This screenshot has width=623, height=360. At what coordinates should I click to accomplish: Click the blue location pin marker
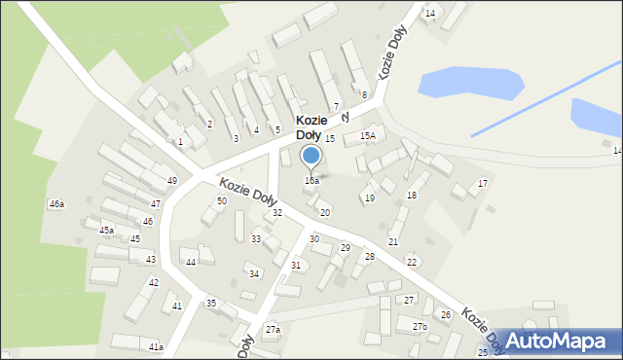click(x=311, y=157)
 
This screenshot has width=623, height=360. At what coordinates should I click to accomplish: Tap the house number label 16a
click(x=311, y=181)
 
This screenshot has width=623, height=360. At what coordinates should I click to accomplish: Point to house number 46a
click(x=56, y=204)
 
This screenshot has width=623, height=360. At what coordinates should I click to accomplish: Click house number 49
click(x=172, y=181)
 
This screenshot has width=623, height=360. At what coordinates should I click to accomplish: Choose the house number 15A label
click(x=367, y=136)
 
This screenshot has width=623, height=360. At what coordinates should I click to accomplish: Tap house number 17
click(x=482, y=184)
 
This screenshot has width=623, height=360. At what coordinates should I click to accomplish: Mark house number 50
click(x=222, y=200)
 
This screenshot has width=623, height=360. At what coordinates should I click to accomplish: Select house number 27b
click(x=419, y=327)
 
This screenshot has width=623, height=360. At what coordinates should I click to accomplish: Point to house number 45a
click(x=107, y=231)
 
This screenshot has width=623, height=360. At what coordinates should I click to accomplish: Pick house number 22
click(x=412, y=263)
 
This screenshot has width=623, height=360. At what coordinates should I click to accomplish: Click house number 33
click(x=256, y=239)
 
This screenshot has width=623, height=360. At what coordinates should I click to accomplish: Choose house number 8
click(x=364, y=95)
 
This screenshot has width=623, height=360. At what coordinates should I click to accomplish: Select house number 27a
click(x=273, y=330)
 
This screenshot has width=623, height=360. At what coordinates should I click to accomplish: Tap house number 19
click(x=369, y=198)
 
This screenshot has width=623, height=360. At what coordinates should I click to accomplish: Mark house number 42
click(x=154, y=283)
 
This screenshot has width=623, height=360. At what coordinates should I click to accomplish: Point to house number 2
click(x=209, y=125)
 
